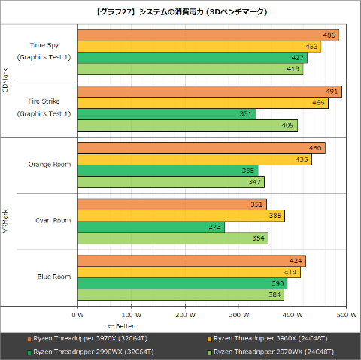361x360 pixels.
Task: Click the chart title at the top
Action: click(180, 12)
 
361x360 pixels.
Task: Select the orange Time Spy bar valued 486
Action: click(208, 35)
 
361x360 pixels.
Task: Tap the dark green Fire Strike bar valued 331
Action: click(166, 113)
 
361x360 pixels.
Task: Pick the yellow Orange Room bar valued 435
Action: click(194, 159)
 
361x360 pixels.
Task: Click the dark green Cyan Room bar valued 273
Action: click(150, 226)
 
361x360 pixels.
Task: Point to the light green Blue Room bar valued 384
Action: click(180, 294)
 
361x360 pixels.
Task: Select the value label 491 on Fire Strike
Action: click(332, 92)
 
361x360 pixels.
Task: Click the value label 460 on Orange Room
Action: click(316, 148)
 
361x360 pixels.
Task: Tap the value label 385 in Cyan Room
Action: click(275, 216)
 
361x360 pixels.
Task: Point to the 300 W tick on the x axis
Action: click(238, 315)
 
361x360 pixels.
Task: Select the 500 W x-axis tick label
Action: click(346, 315)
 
